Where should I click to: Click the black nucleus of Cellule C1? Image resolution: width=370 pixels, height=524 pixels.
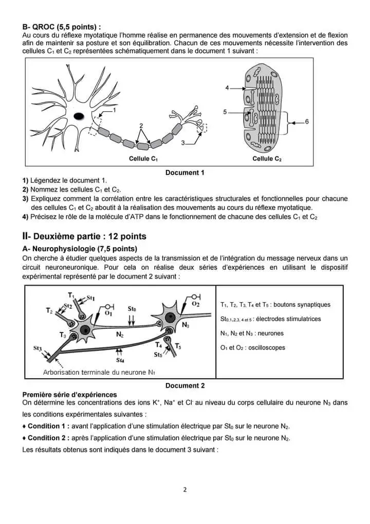[79, 116]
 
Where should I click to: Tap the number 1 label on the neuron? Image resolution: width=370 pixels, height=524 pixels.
[114, 110]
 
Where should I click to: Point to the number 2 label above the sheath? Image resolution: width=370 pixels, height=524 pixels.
[141, 125]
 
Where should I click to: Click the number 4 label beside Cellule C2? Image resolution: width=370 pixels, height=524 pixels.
[227, 88]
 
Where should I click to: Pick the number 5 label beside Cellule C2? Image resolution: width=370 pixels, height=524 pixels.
[225, 112]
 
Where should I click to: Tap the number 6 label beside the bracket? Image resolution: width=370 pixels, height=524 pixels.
[307, 121]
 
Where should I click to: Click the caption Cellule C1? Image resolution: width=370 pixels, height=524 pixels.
[143, 159]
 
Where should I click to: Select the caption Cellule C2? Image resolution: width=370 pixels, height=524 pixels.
[267, 159]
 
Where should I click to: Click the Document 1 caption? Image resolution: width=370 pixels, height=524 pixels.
[185, 173]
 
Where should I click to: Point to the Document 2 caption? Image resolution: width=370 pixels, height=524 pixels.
[185, 386]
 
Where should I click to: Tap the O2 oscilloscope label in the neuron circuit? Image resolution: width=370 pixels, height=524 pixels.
[196, 304]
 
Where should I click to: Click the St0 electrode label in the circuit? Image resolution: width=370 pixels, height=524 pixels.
[132, 309]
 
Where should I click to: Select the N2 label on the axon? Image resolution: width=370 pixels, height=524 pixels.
[120, 335]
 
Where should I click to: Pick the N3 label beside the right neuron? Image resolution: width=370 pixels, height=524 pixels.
[186, 325]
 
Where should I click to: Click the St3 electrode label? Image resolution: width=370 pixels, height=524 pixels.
[38, 348]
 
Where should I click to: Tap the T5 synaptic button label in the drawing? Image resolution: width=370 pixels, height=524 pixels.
[178, 346]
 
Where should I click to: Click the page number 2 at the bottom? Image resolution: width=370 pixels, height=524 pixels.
[185, 490]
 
